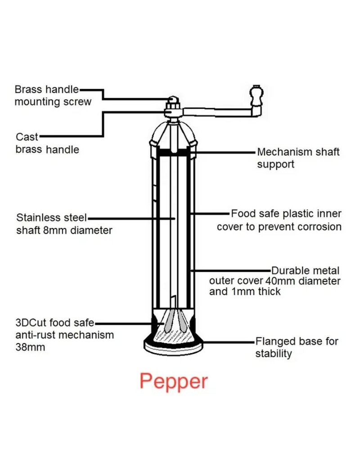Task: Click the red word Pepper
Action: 174,381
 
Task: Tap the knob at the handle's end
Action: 257,95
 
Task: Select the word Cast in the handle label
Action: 27,136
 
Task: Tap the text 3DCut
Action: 30,323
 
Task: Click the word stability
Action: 274,353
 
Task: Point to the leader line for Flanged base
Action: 229,342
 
